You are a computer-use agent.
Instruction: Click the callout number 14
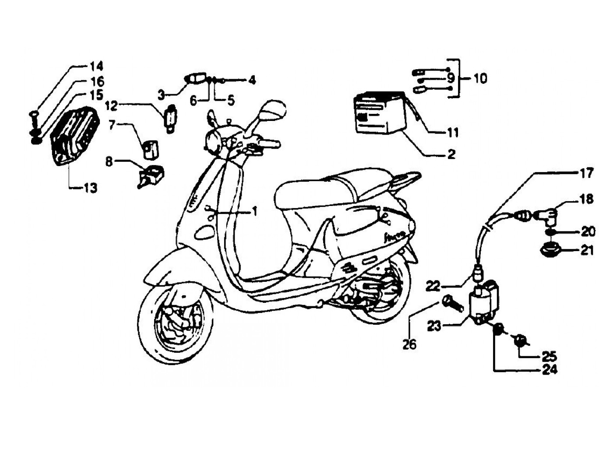96,67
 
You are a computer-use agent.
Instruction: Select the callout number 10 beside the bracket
480,79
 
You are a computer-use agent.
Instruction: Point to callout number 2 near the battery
451,154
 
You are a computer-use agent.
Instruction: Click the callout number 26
409,344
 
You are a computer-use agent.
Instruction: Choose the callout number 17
587,174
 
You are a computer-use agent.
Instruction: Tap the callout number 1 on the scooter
254,212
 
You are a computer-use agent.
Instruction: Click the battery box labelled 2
379,112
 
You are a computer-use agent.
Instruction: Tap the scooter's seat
346,186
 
